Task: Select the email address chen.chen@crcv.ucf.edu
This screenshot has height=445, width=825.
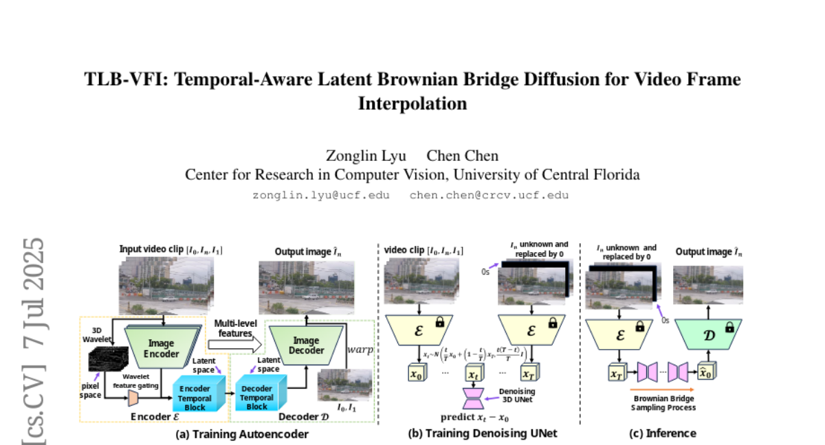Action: point(489,195)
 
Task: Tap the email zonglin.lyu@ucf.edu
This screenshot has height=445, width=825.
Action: point(321,195)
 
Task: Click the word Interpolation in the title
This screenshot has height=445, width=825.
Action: point(412,104)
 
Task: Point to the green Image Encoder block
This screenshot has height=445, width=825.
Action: point(162,347)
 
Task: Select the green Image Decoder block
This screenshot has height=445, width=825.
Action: point(306,345)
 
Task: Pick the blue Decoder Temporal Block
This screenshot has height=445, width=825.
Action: point(256,396)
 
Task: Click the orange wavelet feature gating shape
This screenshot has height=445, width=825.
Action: point(133,397)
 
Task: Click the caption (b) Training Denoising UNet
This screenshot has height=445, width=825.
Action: point(482,433)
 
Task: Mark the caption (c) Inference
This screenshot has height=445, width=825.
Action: point(663,433)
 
